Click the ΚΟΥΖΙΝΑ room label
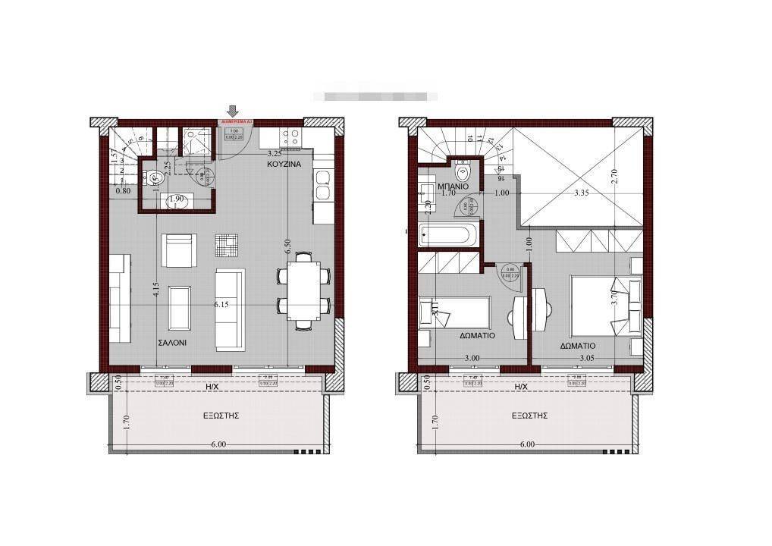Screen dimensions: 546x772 [x=284, y=164]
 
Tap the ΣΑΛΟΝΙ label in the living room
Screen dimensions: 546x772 [x=172, y=343]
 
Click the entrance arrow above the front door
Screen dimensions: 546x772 [x=233, y=111]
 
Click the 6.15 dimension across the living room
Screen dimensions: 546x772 [x=221, y=304]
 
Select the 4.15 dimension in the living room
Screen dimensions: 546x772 [x=155, y=290]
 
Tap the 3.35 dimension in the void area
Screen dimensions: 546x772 [x=582, y=193]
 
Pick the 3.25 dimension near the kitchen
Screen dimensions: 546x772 [x=275, y=152]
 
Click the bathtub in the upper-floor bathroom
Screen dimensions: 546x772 [x=450, y=234]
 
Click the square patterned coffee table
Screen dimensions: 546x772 [x=226, y=244]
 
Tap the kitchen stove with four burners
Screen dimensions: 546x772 [x=290, y=137]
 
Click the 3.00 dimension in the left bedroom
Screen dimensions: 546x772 [x=472, y=358]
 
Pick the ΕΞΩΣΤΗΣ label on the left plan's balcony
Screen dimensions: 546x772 [x=221, y=416]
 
